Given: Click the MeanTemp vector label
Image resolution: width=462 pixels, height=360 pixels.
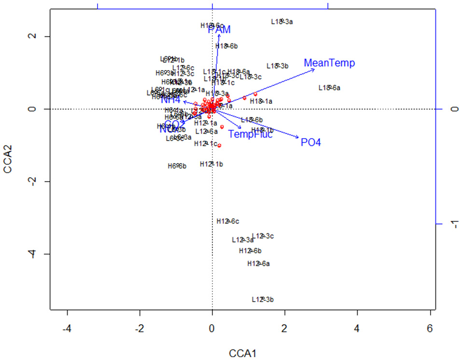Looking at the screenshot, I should [x=329, y=63].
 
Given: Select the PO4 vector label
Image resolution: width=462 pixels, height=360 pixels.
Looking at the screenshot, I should [x=310, y=143].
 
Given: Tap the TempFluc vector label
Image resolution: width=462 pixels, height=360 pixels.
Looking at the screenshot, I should [x=251, y=134].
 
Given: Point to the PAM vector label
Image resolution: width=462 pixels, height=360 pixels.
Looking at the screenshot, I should [x=219, y=30].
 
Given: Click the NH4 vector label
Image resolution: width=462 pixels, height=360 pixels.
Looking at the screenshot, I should [x=171, y=100].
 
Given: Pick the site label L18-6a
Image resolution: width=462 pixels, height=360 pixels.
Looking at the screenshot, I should [x=329, y=88].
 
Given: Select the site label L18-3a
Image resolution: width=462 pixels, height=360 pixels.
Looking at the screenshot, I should [x=282, y=21].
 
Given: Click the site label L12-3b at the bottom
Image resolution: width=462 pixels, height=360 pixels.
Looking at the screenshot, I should [x=263, y=300].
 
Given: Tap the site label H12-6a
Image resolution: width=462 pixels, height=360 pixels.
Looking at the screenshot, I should [x=258, y=263].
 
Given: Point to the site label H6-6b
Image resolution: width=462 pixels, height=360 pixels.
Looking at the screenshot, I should [x=177, y=166].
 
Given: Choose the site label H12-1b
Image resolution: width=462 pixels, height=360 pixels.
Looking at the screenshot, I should [x=211, y=164].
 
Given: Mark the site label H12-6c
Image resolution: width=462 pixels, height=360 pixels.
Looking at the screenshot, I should [x=228, y=221].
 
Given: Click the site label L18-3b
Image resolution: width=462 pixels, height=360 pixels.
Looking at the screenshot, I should [x=277, y=66].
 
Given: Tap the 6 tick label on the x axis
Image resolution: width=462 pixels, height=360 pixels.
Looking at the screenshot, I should [x=430, y=329].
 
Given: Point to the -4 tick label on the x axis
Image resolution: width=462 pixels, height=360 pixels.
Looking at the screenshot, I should [x=67, y=329].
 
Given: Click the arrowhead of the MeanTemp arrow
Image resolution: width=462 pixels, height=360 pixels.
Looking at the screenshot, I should [x=314, y=69].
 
